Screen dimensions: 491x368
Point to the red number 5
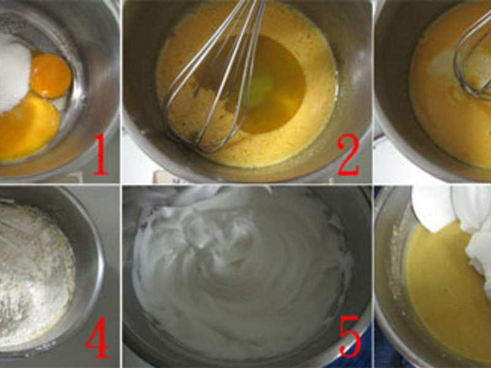(x=350, y=335)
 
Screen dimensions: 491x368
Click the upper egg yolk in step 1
(x=51, y=75)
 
